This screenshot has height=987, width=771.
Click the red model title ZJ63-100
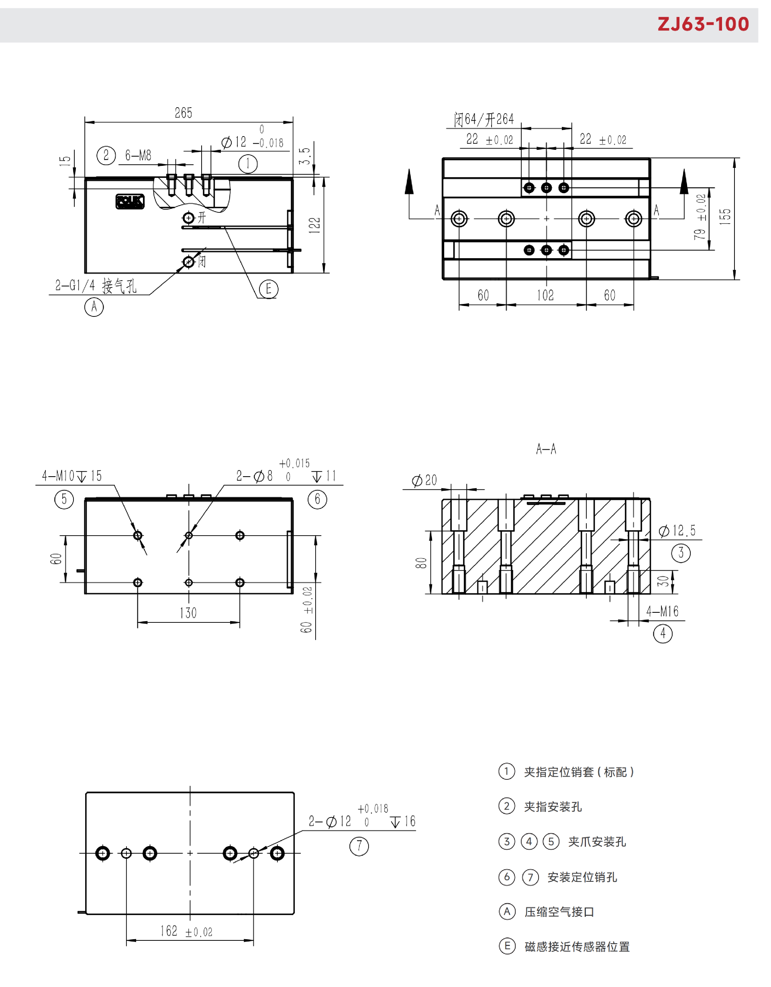(x=703, y=24)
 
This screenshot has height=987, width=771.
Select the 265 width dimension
(x=184, y=113)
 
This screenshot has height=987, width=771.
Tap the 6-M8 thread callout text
(x=138, y=155)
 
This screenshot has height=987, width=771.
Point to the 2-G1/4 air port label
(x=96, y=285)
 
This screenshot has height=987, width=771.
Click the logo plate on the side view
(x=130, y=202)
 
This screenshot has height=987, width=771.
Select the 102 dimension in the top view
(x=545, y=295)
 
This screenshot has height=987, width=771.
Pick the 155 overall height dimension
(x=725, y=217)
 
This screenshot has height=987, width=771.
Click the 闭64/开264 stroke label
(x=484, y=119)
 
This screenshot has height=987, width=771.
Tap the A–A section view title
(x=546, y=449)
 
